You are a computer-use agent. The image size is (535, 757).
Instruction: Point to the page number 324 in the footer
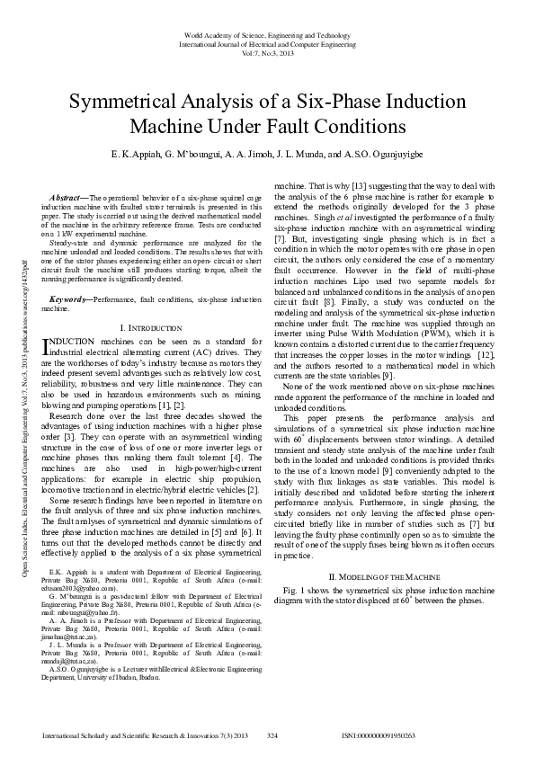point(272,735)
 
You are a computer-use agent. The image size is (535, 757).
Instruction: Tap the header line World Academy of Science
point(267,33)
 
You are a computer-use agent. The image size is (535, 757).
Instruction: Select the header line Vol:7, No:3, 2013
point(267,52)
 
